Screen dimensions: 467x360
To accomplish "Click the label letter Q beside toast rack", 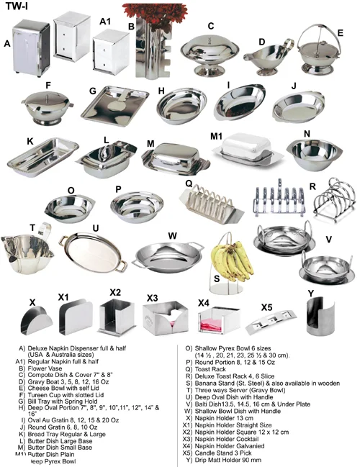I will [x=189, y=183].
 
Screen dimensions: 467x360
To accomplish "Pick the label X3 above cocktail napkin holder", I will [x=152, y=297].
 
